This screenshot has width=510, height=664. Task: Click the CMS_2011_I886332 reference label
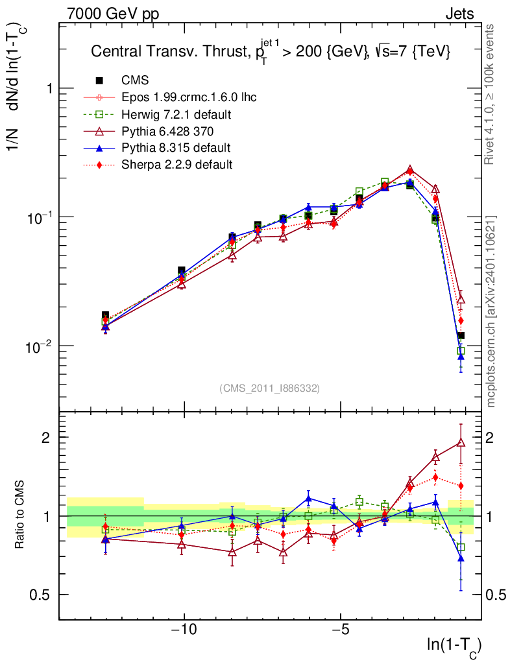tap(269, 388)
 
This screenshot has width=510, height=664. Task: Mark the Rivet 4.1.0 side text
tap(491, 93)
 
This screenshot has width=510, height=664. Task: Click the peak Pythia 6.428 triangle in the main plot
tap(409, 170)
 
